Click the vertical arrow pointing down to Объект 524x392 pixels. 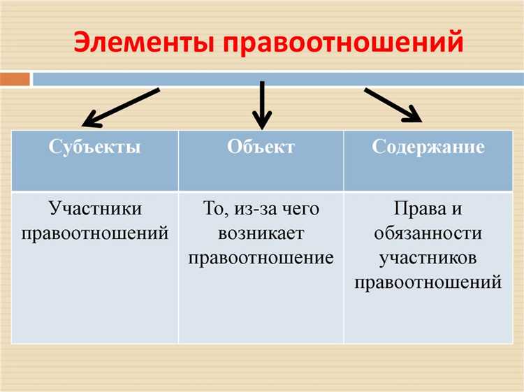261,105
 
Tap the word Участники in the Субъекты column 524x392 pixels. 95,209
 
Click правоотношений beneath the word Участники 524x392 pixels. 95,233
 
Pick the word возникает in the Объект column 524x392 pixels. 261,233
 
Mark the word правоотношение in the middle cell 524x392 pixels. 261,257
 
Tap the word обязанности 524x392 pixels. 428,233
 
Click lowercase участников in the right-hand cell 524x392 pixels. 428,257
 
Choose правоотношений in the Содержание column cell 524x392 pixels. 428,282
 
